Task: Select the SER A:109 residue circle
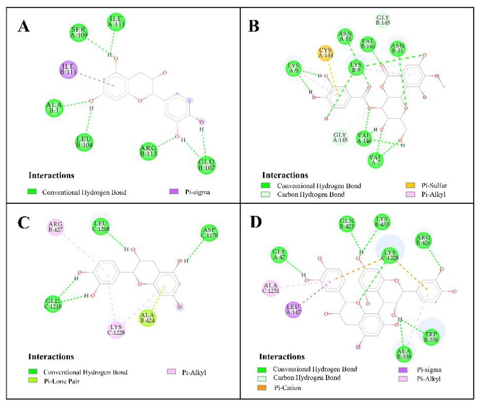click(79, 33)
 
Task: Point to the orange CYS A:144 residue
click(326, 53)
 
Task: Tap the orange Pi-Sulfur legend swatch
click(412, 186)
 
